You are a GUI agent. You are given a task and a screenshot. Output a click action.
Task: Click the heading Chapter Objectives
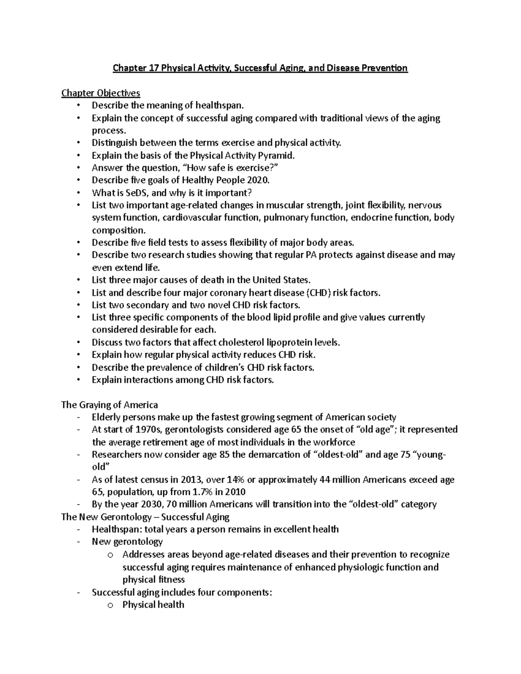click(101, 93)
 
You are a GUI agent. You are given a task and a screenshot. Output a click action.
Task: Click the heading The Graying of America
click(109, 405)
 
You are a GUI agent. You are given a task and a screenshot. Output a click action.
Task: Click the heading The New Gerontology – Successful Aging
click(145, 517)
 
